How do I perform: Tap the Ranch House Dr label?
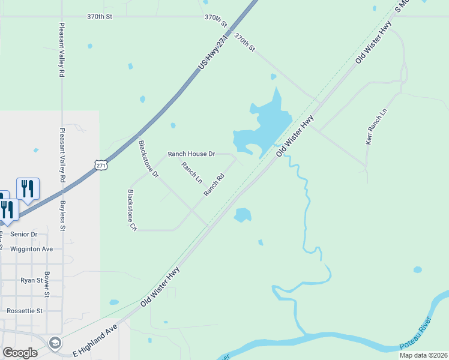[191, 154]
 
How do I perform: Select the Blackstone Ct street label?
[131, 210]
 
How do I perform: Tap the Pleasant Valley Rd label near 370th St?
[62, 50]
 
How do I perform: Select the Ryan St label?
[32, 280]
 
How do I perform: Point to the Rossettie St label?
[25, 311]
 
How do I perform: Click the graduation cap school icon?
[55, 343]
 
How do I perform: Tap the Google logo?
[20, 353]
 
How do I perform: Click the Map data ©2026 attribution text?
[423, 355]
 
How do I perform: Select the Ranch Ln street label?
[192, 173]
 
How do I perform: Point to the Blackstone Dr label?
[148, 159]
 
